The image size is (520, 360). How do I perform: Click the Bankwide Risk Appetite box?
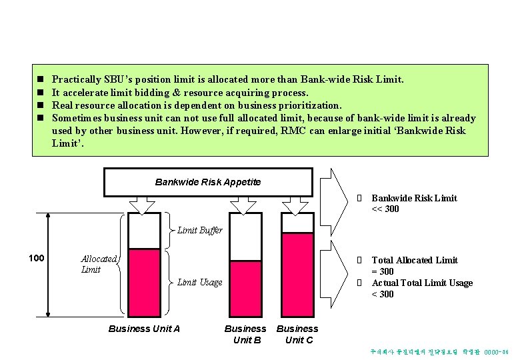(208, 182)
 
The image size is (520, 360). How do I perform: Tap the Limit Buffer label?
(200, 231)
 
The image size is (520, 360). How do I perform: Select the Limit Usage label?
(199, 282)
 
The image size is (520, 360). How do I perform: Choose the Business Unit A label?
(144, 328)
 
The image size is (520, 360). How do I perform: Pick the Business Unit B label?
(245, 334)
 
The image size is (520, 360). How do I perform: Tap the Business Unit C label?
(297, 334)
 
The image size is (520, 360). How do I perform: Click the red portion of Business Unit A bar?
(144, 280)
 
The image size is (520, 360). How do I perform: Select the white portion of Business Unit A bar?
(144, 231)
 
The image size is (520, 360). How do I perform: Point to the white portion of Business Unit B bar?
(245, 237)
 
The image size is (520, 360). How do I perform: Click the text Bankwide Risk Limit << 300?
(413, 203)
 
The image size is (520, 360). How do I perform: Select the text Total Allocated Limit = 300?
(414, 265)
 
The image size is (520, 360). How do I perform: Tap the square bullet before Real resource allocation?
(40, 105)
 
